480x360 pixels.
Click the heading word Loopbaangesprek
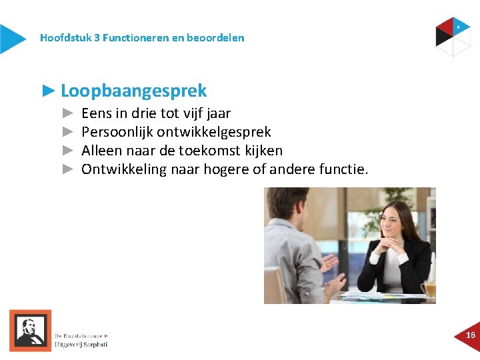[x=133, y=91]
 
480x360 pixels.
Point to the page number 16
[x=471, y=335]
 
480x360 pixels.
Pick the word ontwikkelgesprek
[x=214, y=132]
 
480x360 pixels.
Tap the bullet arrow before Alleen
[x=67, y=151]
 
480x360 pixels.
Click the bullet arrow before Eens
[x=67, y=113]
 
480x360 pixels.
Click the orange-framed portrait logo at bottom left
[x=30, y=331]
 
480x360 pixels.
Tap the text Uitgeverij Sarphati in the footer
[x=81, y=345]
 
